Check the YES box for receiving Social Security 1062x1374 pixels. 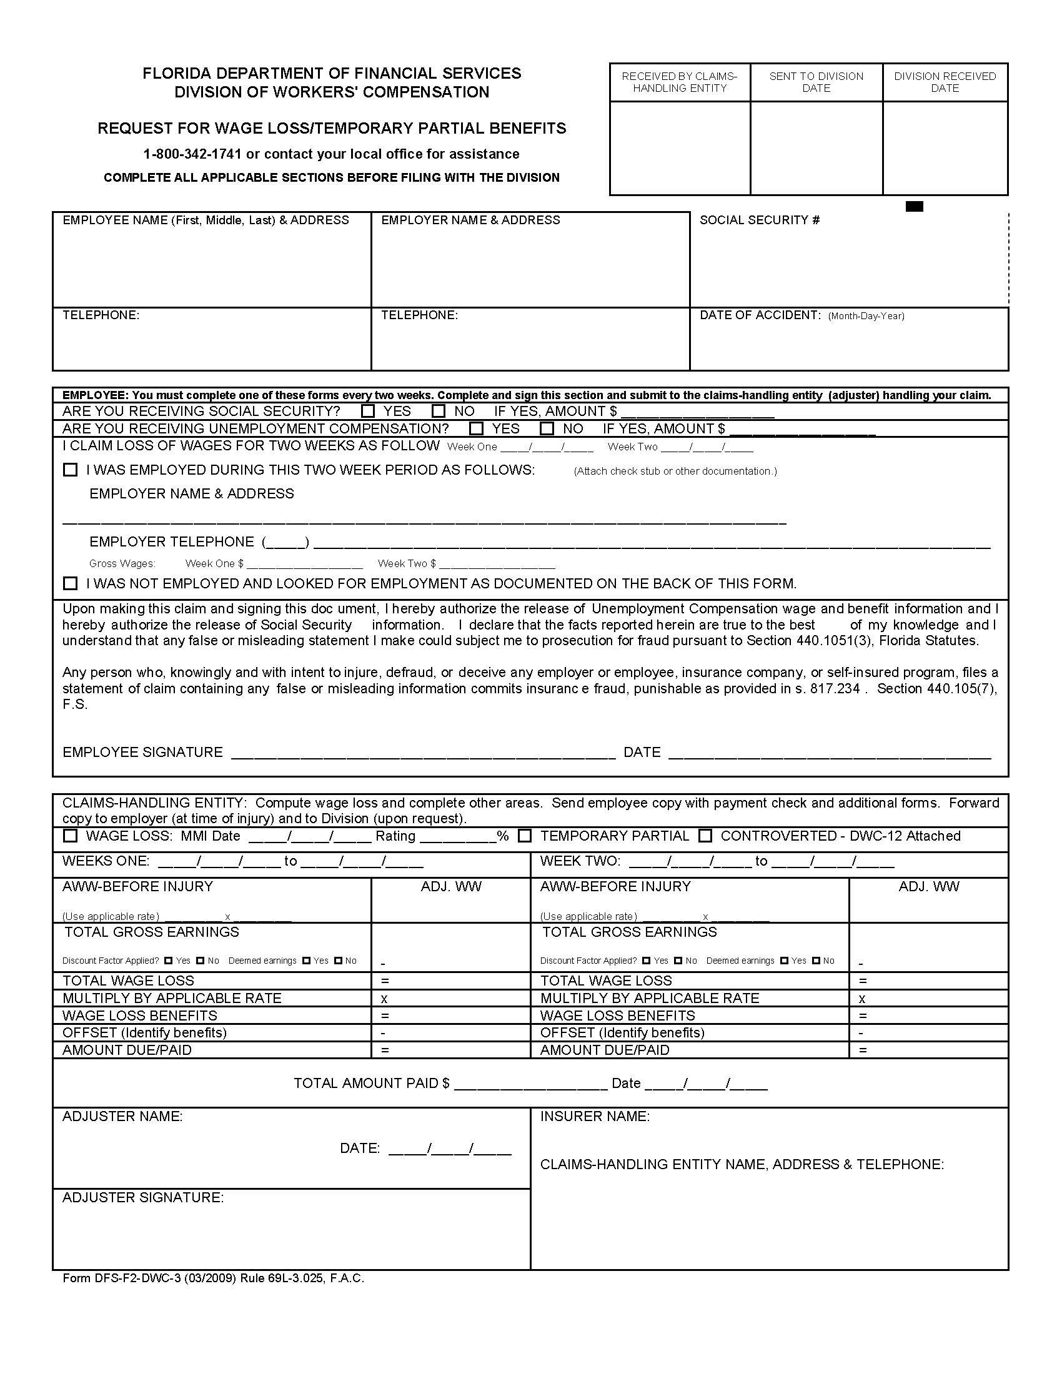(369, 412)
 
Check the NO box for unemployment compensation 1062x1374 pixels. (547, 429)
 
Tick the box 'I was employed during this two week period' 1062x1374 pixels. (71, 470)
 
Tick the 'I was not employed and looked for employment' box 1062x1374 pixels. (71, 583)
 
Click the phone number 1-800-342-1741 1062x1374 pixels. (192, 154)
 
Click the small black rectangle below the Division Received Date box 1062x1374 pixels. (913, 206)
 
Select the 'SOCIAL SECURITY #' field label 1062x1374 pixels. (760, 220)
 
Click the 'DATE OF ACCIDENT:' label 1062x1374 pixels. (760, 315)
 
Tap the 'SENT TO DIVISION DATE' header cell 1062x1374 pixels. (816, 82)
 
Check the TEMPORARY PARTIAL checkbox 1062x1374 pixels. (525, 836)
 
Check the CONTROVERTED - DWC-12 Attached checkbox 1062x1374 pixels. (706, 836)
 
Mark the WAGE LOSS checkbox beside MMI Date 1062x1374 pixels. (71, 836)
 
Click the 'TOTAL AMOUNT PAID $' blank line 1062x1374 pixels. (530, 1084)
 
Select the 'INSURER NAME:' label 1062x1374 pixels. (595, 1117)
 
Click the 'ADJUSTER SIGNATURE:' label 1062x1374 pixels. (143, 1198)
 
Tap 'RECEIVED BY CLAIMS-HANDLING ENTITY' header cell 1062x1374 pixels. (680, 82)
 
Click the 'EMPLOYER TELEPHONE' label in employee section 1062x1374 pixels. (171, 542)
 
